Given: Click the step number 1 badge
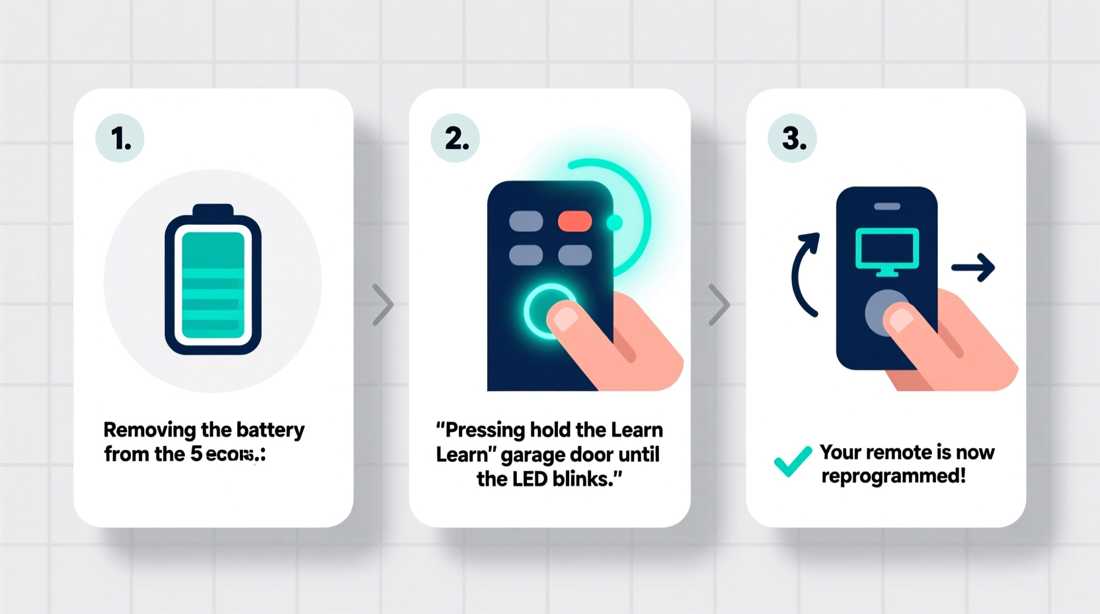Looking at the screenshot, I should click(x=120, y=138).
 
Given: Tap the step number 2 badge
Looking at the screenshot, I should click(x=455, y=138).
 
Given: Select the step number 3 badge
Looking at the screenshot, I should click(x=792, y=138).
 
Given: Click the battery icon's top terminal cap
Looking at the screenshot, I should click(x=213, y=210).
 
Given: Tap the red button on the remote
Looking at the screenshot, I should click(x=574, y=221).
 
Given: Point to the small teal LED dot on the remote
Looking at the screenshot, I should click(x=615, y=223).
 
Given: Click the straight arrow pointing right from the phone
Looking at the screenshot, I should click(x=973, y=267).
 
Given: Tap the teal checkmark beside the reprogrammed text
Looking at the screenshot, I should click(x=792, y=461).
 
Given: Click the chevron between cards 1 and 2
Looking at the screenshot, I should click(x=382, y=305).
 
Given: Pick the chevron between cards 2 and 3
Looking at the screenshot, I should click(x=719, y=305).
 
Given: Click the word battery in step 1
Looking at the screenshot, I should click(x=270, y=431).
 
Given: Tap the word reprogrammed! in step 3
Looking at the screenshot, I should click(x=893, y=476).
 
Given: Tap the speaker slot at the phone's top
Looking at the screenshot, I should click(x=886, y=206).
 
